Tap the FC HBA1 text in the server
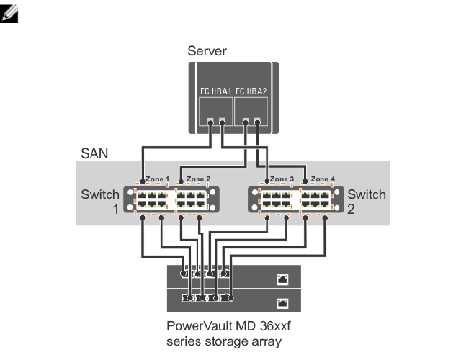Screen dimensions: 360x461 tap(215, 91)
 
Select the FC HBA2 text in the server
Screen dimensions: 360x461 tap(251, 91)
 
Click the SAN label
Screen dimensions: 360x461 tap(93, 153)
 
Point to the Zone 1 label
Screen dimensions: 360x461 tap(157, 179)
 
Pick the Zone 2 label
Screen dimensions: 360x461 tap(198, 179)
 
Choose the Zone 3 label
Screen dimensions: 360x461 tap(282, 179)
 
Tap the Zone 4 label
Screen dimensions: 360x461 tap(322, 179)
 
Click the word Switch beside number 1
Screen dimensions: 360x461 tap(101, 194)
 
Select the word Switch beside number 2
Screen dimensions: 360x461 tap(367, 194)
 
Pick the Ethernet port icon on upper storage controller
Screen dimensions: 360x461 tap(282, 277)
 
